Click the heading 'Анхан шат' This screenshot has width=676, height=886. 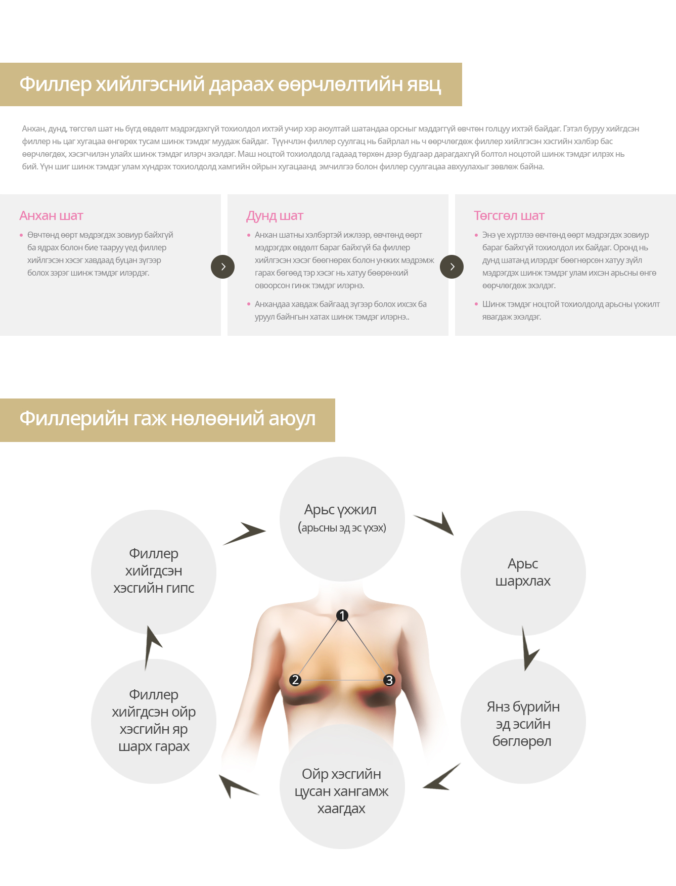(x=51, y=216)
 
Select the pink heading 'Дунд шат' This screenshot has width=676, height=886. (x=275, y=216)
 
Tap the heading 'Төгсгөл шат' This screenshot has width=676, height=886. (x=509, y=216)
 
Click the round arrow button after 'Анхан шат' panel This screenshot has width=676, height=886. (x=222, y=267)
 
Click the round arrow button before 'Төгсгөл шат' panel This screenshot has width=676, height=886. (x=452, y=267)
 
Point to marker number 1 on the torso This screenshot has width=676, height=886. (x=342, y=615)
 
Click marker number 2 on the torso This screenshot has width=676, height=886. (x=295, y=680)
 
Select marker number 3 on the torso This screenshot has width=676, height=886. (x=389, y=680)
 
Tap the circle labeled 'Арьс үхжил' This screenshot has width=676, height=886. (x=342, y=519)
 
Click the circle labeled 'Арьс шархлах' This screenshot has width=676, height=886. (x=523, y=573)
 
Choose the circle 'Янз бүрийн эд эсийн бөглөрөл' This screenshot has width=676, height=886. (x=523, y=722)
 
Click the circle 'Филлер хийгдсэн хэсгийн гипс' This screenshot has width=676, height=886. (x=154, y=572)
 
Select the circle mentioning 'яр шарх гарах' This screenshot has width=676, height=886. (x=154, y=721)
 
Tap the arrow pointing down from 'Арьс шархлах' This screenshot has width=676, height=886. (x=528, y=650)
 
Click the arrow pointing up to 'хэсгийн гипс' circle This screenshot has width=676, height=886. (x=151, y=647)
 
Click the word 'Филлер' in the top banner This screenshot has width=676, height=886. (x=56, y=84)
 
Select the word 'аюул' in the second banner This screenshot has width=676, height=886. (x=292, y=419)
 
